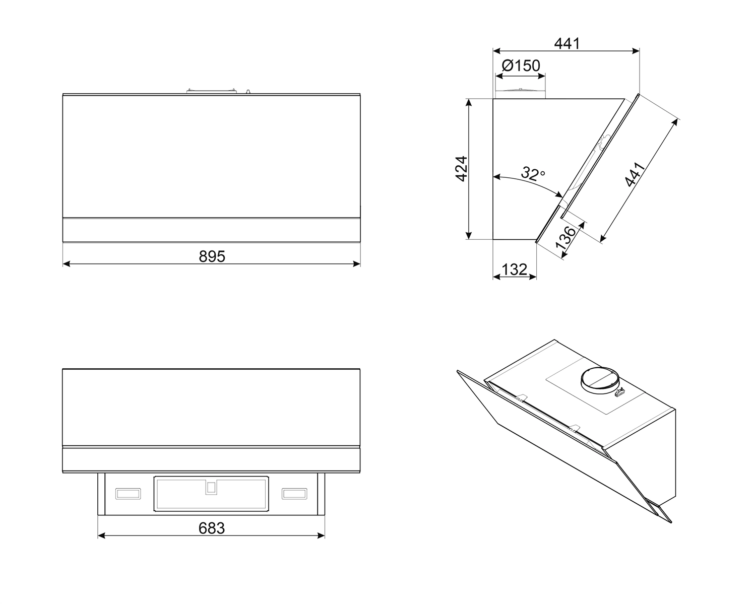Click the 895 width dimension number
(x=212, y=257)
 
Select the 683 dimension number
(x=212, y=528)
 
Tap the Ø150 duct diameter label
(x=521, y=65)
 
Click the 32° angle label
(x=533, y=174)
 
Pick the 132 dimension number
(x=515, y=270)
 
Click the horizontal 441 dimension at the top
(x=567, y=44)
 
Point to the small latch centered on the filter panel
(x=211, y=487)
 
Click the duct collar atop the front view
(x=211, y=91)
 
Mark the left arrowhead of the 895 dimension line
(x=66, y=263)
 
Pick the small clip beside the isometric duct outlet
(x=620, y=391)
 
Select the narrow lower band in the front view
(x=211, y=230)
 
